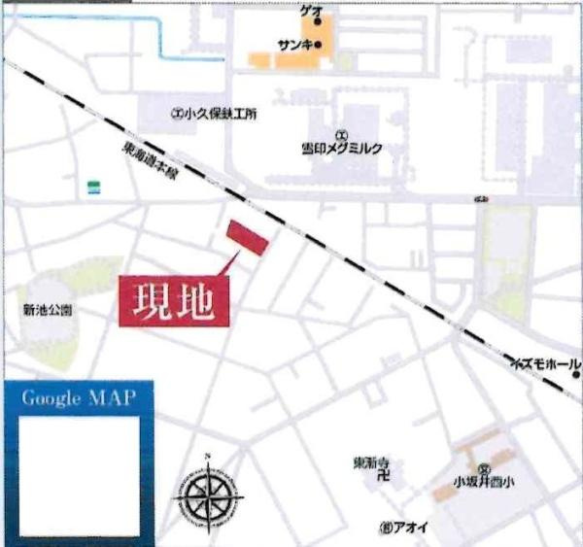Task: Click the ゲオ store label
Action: coord(310,9)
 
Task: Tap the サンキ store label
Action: coord(293,45)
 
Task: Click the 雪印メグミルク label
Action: coord(342,149)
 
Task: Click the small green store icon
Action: coord(93,186)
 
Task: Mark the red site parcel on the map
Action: coord(248,238)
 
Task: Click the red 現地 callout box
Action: coord(176,301)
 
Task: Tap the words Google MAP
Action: coord(78,398)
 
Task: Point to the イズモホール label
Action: coord(545,364)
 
